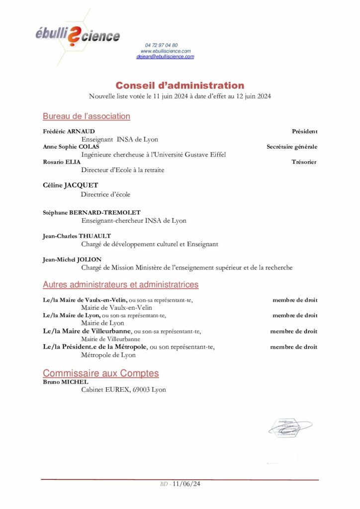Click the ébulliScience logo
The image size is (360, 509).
[77, 36]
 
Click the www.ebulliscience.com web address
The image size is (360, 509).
[166, 51]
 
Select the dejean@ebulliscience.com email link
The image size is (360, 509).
[165, 57]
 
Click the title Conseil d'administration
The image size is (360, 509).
[180, 85]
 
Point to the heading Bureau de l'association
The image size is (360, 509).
[87, 116]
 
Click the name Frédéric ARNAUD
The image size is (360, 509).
[69, 131]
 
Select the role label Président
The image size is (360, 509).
[304, 131]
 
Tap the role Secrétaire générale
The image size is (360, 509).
[292, 147]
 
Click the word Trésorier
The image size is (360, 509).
[304, 162]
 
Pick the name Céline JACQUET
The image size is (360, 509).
[71, 185]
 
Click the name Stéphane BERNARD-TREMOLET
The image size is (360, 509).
[92, 213]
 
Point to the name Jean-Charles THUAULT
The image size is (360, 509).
[77, 236]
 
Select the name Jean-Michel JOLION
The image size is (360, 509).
[72, 259]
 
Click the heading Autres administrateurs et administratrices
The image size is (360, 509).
[121, 285]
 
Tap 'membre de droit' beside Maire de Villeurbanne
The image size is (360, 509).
[294, 331]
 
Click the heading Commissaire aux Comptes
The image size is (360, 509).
[101, 373]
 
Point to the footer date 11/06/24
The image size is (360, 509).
[185, 484]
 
